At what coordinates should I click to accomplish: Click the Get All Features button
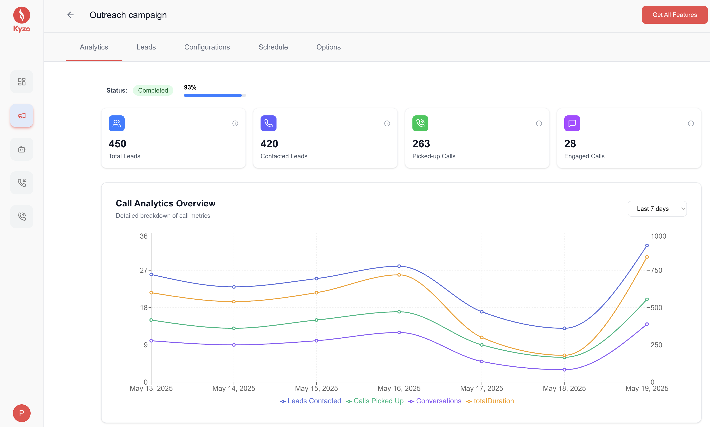pos(674,15)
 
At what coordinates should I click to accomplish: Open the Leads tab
pos(146,47)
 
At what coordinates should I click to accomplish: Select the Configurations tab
pos(207,47)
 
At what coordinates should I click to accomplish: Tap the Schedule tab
pos(273,47)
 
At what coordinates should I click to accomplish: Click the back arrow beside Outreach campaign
pos(71,15)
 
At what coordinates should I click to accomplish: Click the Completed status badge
pos(153,90)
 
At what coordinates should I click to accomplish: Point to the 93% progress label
pos(190,87)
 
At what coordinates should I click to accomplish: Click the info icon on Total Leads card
pos(235,123)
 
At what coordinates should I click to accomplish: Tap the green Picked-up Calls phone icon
pos(420,123)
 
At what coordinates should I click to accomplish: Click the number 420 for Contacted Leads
pos(269,144)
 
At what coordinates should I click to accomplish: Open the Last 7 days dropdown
pos(657,209)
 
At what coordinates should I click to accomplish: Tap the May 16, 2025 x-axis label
pos(399,388)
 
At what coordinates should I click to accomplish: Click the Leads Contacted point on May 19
pos(647,245)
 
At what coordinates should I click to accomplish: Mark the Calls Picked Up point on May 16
pos(399,312)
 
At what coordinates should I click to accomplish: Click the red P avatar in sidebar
pos(22,413)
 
